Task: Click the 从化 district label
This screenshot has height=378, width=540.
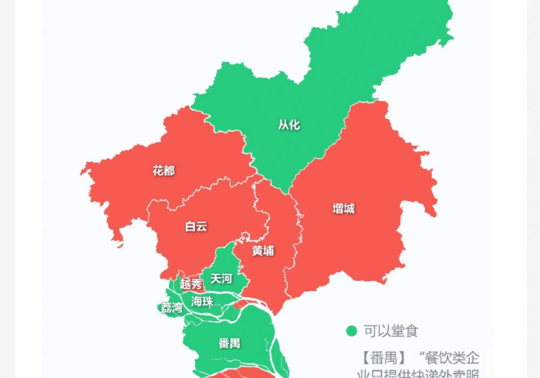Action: point(289,124)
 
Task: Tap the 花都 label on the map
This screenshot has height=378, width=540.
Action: point(164,170)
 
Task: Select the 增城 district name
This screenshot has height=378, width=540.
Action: point(343,208)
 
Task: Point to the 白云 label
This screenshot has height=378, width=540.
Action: point(196,227)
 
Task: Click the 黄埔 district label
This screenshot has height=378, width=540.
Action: point(262,251)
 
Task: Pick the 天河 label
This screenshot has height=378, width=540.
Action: point(221,278)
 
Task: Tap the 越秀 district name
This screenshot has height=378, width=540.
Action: point(191,284)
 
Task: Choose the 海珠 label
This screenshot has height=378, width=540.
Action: point(202,302)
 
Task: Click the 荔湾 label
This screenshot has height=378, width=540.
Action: point(172,308)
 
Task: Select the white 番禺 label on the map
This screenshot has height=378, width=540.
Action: point(229,343)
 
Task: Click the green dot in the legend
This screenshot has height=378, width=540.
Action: point(352,332)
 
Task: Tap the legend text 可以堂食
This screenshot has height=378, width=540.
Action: point(391,332)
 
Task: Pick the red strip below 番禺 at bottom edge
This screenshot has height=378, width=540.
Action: point(231,375)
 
